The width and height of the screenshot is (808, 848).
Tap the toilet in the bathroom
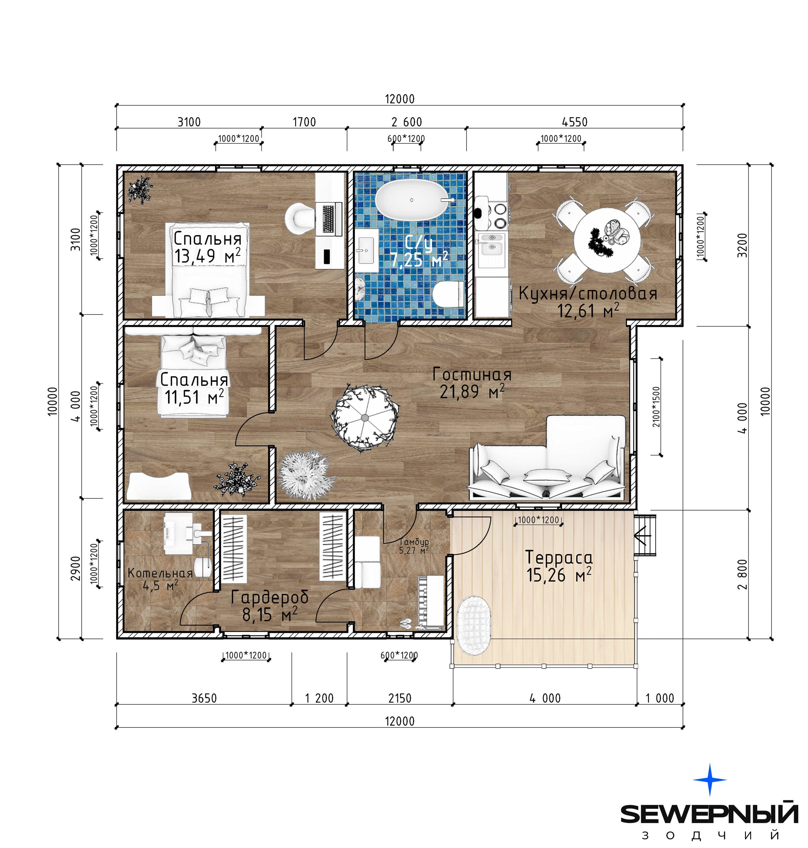click(x=448, y=294)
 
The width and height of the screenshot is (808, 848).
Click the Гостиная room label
click(x=472, y=374)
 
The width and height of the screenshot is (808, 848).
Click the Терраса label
click(x=559, y=558)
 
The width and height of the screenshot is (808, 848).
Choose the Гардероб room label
click(x=270, y=597)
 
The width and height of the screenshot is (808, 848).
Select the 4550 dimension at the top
click(x=575, y=122)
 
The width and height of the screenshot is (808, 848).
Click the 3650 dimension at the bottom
click(x=204, y=698)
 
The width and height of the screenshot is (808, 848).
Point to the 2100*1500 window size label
click(x=656, y=407)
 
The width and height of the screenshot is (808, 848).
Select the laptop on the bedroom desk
click(x=329, y=220)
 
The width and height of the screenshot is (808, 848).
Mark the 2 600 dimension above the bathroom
click(x=407, y=122)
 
